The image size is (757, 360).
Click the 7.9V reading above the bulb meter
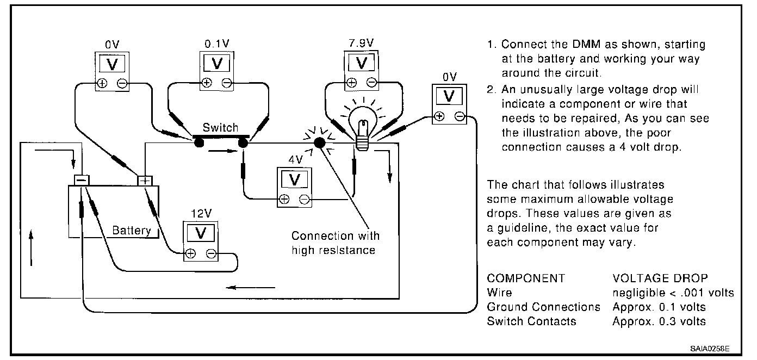361,43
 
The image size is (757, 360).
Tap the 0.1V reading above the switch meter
217,44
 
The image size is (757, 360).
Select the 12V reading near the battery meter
201,213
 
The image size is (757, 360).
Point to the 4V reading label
296,159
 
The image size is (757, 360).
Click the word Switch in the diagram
220,127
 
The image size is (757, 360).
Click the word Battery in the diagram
132,230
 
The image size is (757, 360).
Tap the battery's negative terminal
82,180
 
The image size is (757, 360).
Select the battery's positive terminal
145,181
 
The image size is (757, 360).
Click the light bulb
363,128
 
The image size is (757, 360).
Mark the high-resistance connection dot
319,143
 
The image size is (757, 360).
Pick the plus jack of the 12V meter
190,253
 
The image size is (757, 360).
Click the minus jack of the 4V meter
305,200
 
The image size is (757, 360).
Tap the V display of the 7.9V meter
362,63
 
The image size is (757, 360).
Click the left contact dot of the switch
199,143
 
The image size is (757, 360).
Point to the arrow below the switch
223,151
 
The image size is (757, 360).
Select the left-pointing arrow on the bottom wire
250,288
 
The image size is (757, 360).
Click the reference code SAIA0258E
710,349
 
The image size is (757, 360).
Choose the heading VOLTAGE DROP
660,278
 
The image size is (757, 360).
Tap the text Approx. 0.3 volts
659,321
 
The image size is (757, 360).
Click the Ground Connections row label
543,307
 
